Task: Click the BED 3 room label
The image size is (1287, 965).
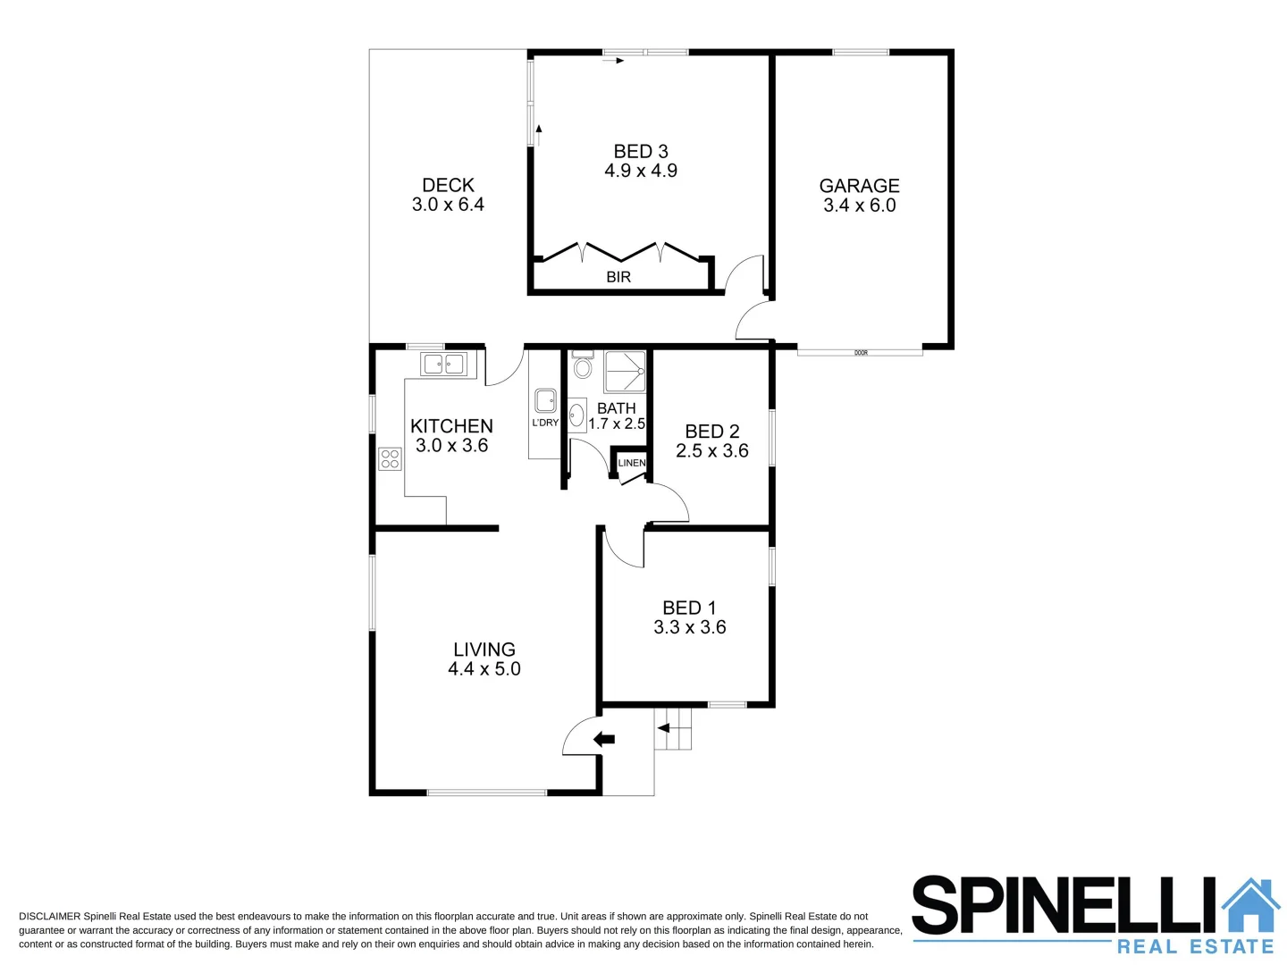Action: [640, 152]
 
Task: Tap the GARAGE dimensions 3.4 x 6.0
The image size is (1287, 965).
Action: [859, 206]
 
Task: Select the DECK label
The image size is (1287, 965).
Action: [448, 185]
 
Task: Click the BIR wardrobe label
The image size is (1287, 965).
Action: [618, 277]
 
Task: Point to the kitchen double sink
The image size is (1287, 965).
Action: [443, 364]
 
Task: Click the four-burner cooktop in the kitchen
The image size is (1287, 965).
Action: [390, 458]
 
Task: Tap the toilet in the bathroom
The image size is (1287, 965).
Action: [583, 366]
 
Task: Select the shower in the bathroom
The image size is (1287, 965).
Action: [625, 372]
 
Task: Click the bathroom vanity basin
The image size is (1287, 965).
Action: [577, 415]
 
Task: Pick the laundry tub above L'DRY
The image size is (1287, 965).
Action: [545, 401]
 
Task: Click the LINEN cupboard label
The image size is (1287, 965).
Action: [631, 463]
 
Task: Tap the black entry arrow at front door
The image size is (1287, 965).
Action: [604, 739]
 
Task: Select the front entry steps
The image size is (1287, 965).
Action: [673, 729]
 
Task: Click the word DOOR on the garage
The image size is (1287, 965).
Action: [861, 353]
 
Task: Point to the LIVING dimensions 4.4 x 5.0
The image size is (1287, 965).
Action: [484, 669]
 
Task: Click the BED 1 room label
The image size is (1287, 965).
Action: [689, 608]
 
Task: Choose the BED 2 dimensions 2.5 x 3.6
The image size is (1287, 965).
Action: [711, 451]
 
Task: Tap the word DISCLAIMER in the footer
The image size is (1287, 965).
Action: [49, 916]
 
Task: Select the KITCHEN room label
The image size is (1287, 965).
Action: [451, 426]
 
